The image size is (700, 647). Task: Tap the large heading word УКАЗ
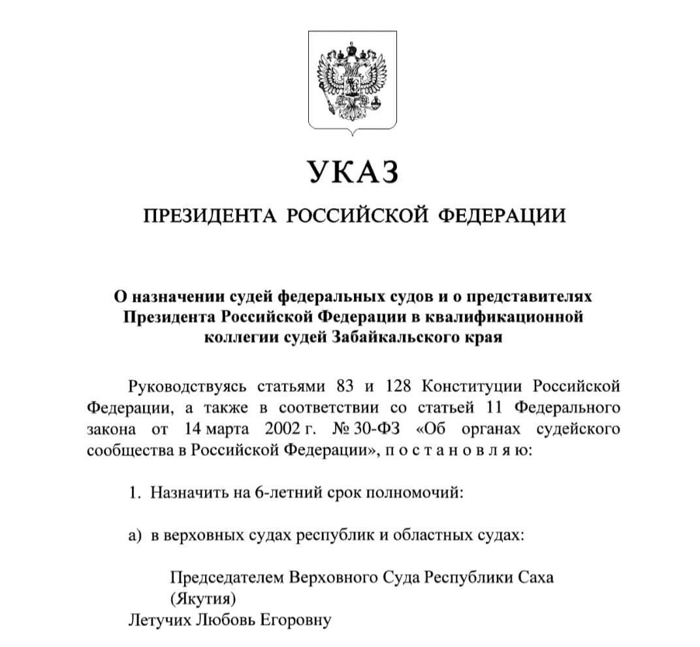(x=351, y=172)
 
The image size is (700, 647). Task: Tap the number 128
(x=398, y=386)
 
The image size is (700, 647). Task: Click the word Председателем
(x=226, y=578)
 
